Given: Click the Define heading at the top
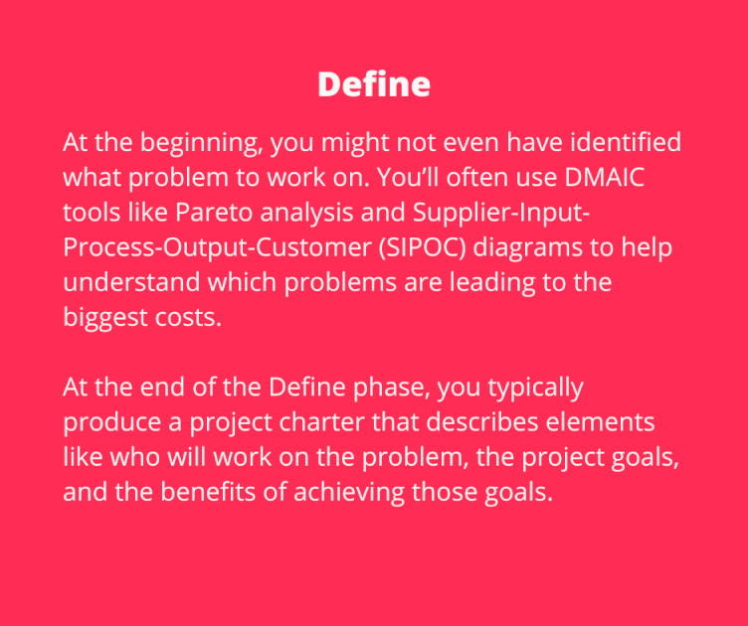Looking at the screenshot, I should click(374, 84).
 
